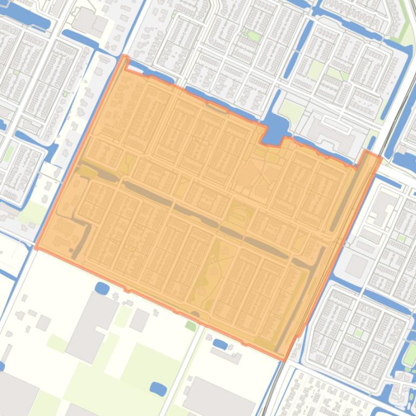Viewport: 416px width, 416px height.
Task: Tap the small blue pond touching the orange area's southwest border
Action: (102, 288)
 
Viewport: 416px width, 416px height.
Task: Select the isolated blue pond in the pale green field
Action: (158, 388)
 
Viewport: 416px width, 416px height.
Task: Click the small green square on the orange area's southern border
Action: (191, 326)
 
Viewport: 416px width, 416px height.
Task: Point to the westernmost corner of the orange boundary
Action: (36, 249)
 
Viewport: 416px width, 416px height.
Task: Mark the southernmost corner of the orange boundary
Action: (284, 360)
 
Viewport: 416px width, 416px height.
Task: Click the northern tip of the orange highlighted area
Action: (125, 56)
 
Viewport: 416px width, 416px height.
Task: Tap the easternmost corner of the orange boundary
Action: (381, 157)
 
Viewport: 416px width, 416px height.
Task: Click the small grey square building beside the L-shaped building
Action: (139, 320)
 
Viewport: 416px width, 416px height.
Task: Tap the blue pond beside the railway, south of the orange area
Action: (220, 343)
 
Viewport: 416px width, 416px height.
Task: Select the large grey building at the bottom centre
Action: (219, 399)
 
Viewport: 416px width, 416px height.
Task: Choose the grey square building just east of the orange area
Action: (357, 265)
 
